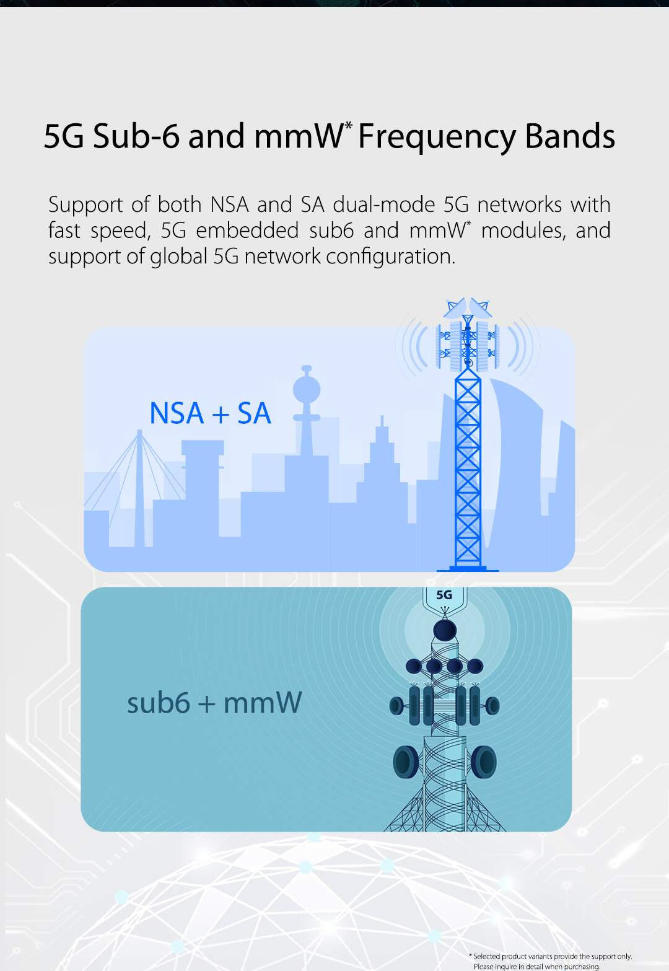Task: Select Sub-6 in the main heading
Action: click(x=136, y=136)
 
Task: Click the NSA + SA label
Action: click(x=210, y=413)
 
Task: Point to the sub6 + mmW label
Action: click(x=214, y=702)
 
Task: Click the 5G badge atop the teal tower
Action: click(x=444, y=595)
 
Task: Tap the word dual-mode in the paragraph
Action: click(x=384, y=204)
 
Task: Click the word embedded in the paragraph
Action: click(x=247, y=230)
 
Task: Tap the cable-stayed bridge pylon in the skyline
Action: click(x=139, y=488)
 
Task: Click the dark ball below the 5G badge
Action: click(x=445, y=630)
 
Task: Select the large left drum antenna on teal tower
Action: click(x=406, y=763)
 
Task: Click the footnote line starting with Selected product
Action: click(x=550, y=956)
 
